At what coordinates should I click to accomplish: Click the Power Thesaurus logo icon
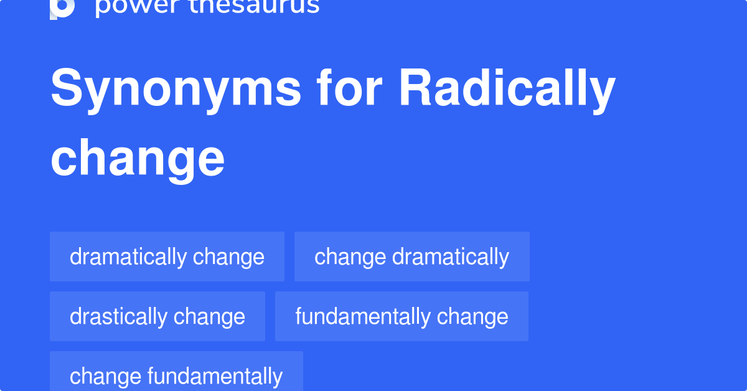(x=62, y=7)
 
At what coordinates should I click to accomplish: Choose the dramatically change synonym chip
(x=167, y=257)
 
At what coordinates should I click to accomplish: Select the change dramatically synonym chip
(x=411, y=257)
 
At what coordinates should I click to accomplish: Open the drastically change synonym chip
(x=157, y=316)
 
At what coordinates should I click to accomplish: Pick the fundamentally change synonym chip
(x=402, y=316)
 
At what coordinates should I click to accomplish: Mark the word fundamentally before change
(x=363, y=316)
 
